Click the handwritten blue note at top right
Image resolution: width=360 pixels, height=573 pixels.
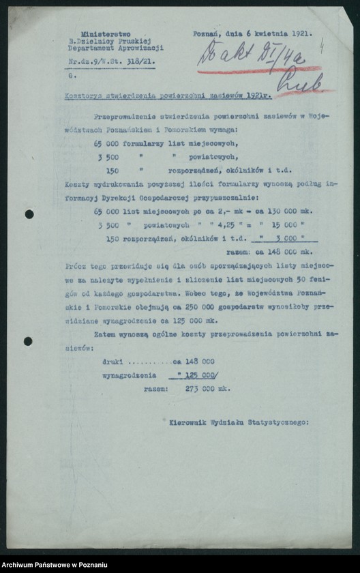pos(252,55)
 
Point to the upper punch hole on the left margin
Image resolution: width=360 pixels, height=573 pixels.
pos(29,214)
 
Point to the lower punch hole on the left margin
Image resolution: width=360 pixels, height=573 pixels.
pos(27,341)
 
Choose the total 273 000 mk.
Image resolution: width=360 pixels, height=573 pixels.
pos(207,388)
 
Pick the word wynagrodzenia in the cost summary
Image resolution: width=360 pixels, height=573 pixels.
pos(129,375)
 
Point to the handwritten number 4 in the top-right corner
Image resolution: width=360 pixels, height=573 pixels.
pos(322,42)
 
